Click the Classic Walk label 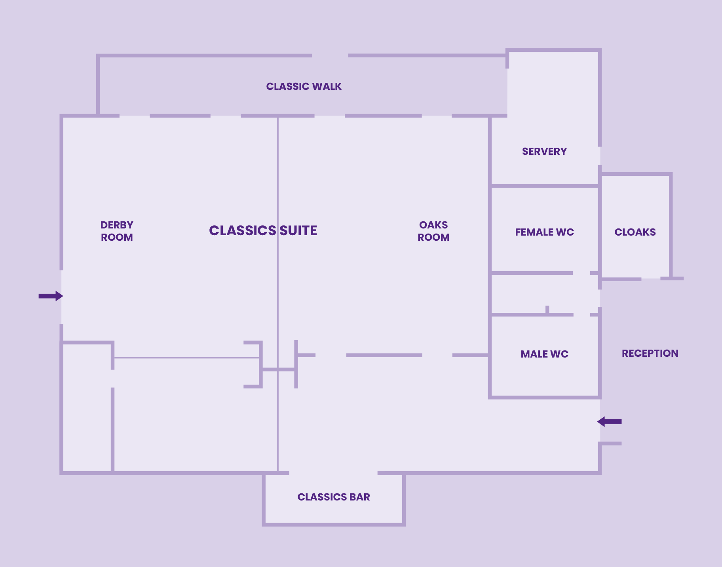point(304,86)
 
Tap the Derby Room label point(117,231)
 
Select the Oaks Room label point(433,231)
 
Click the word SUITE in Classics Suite point(298,230)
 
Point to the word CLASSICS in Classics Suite point(242,230)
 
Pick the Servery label point(544,151)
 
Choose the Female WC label point(544,232)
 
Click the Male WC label point(544,354)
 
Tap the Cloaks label point(635,232)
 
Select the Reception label point(650,353)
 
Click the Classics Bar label point(334,497)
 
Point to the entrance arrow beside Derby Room point(51,296)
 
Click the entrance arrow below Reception point(610,422)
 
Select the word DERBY point(117,225)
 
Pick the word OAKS point(433,225)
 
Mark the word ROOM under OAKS point(433,237)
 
